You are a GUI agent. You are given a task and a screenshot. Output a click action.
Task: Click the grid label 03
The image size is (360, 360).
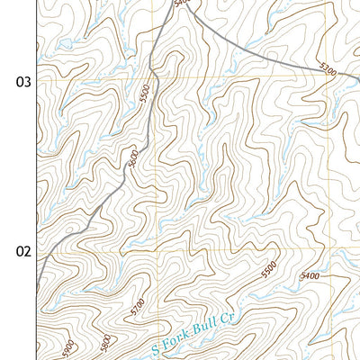(x=22, y=82)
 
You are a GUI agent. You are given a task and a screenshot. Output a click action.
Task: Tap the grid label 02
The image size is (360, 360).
(x=22, y=251)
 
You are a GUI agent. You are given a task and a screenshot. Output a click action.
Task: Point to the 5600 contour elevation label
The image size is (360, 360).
(x=131, y=159)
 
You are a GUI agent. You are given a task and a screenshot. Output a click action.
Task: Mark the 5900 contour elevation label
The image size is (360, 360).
(x=65, y=349)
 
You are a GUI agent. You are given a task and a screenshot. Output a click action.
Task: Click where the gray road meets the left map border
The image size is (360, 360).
(x=37, y=290)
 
